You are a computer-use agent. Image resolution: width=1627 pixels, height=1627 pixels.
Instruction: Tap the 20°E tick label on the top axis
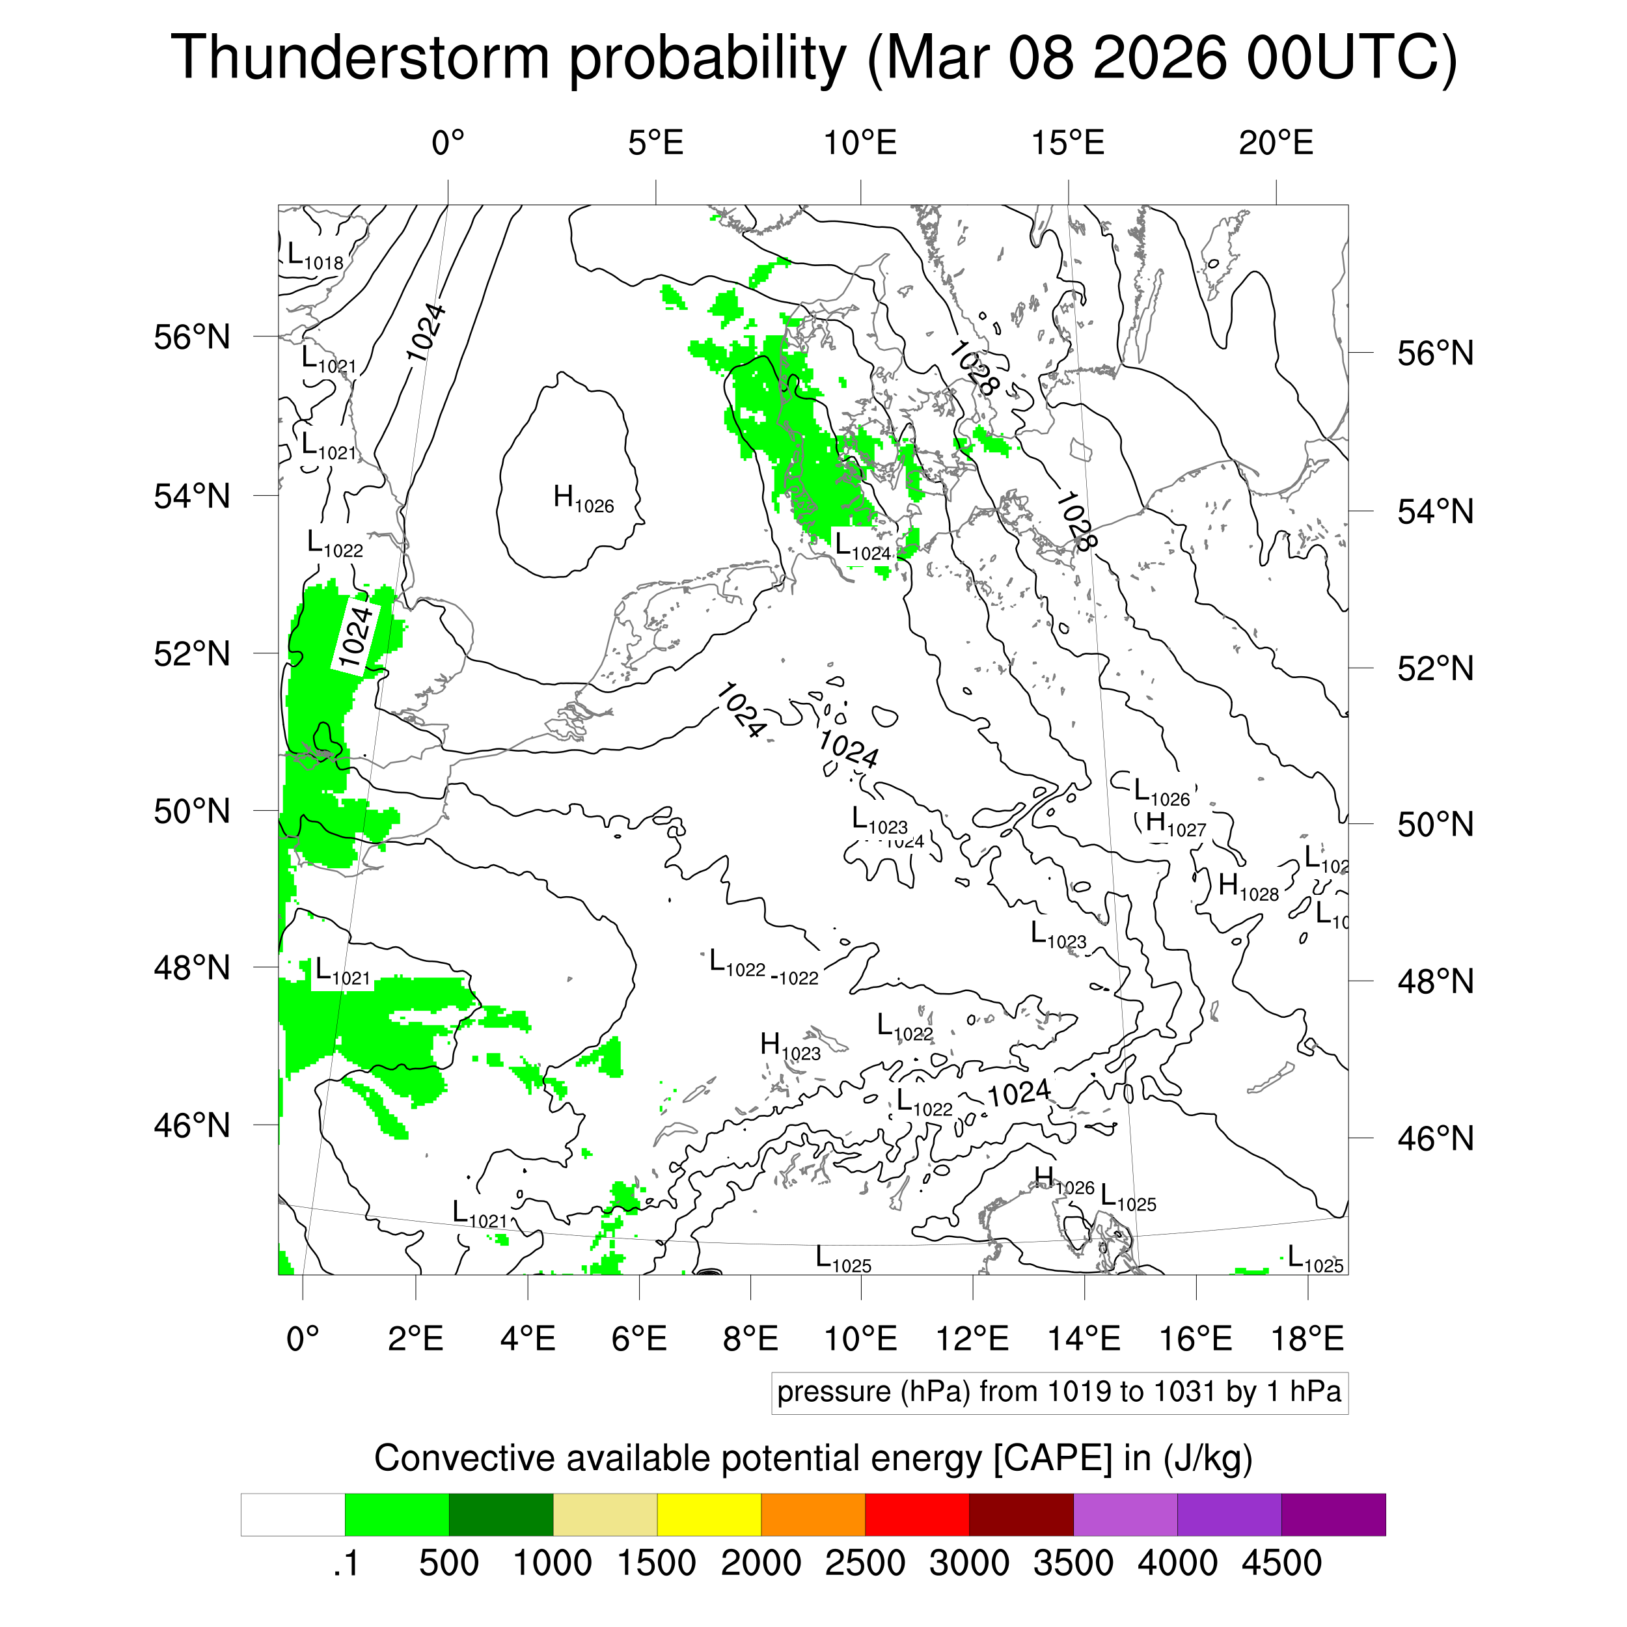pyautogui.click(x=1276, y=144)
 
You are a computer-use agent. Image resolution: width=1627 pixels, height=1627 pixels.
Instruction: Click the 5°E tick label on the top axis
pyautogui.click(x=655, y=144)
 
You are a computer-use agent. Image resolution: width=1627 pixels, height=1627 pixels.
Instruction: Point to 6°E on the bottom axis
pyautogui.click(x=639, y=1339)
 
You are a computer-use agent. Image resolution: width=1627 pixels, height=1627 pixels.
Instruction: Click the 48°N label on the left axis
pyautogui.click(x=192, y=968)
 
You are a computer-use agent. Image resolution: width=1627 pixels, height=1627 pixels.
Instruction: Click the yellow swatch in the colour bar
pyautogui.click(x=709, y=1515)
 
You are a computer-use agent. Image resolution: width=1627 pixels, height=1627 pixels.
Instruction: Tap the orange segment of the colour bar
pyautogui.click(x=813, y=1515)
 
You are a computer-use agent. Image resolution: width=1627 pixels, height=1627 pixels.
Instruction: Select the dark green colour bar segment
pyautogui.click(x=501, y=1515)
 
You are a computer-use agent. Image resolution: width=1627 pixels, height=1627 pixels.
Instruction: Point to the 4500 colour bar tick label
pyautogui.click(x=1281, y=1564)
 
